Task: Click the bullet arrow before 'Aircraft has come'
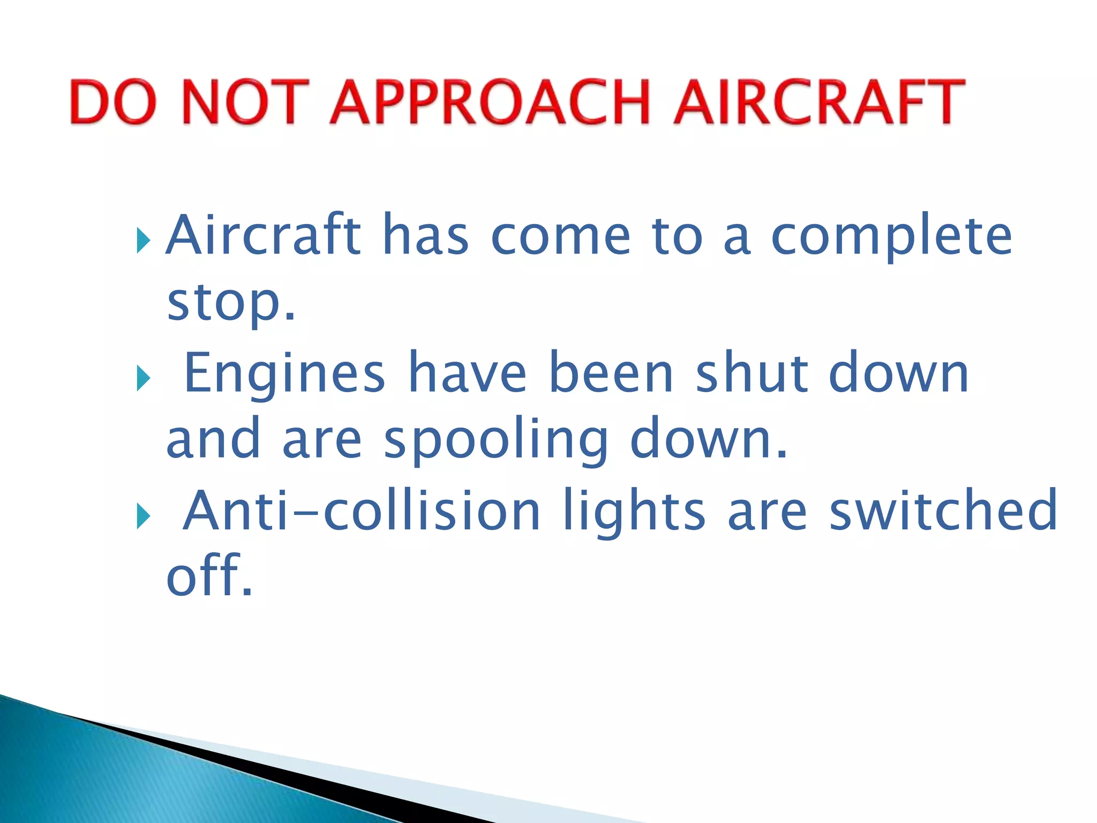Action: tap(143, 240)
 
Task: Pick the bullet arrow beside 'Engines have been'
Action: tap(143, 378)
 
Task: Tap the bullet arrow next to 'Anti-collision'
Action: tap(143, 516)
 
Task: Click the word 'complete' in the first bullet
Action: tap(891, 237)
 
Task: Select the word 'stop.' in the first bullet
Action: tap(231, 303)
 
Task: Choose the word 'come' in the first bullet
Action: tap(560, 237)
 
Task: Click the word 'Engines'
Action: tap(284, 373)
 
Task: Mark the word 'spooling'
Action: tap(496, 440)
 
